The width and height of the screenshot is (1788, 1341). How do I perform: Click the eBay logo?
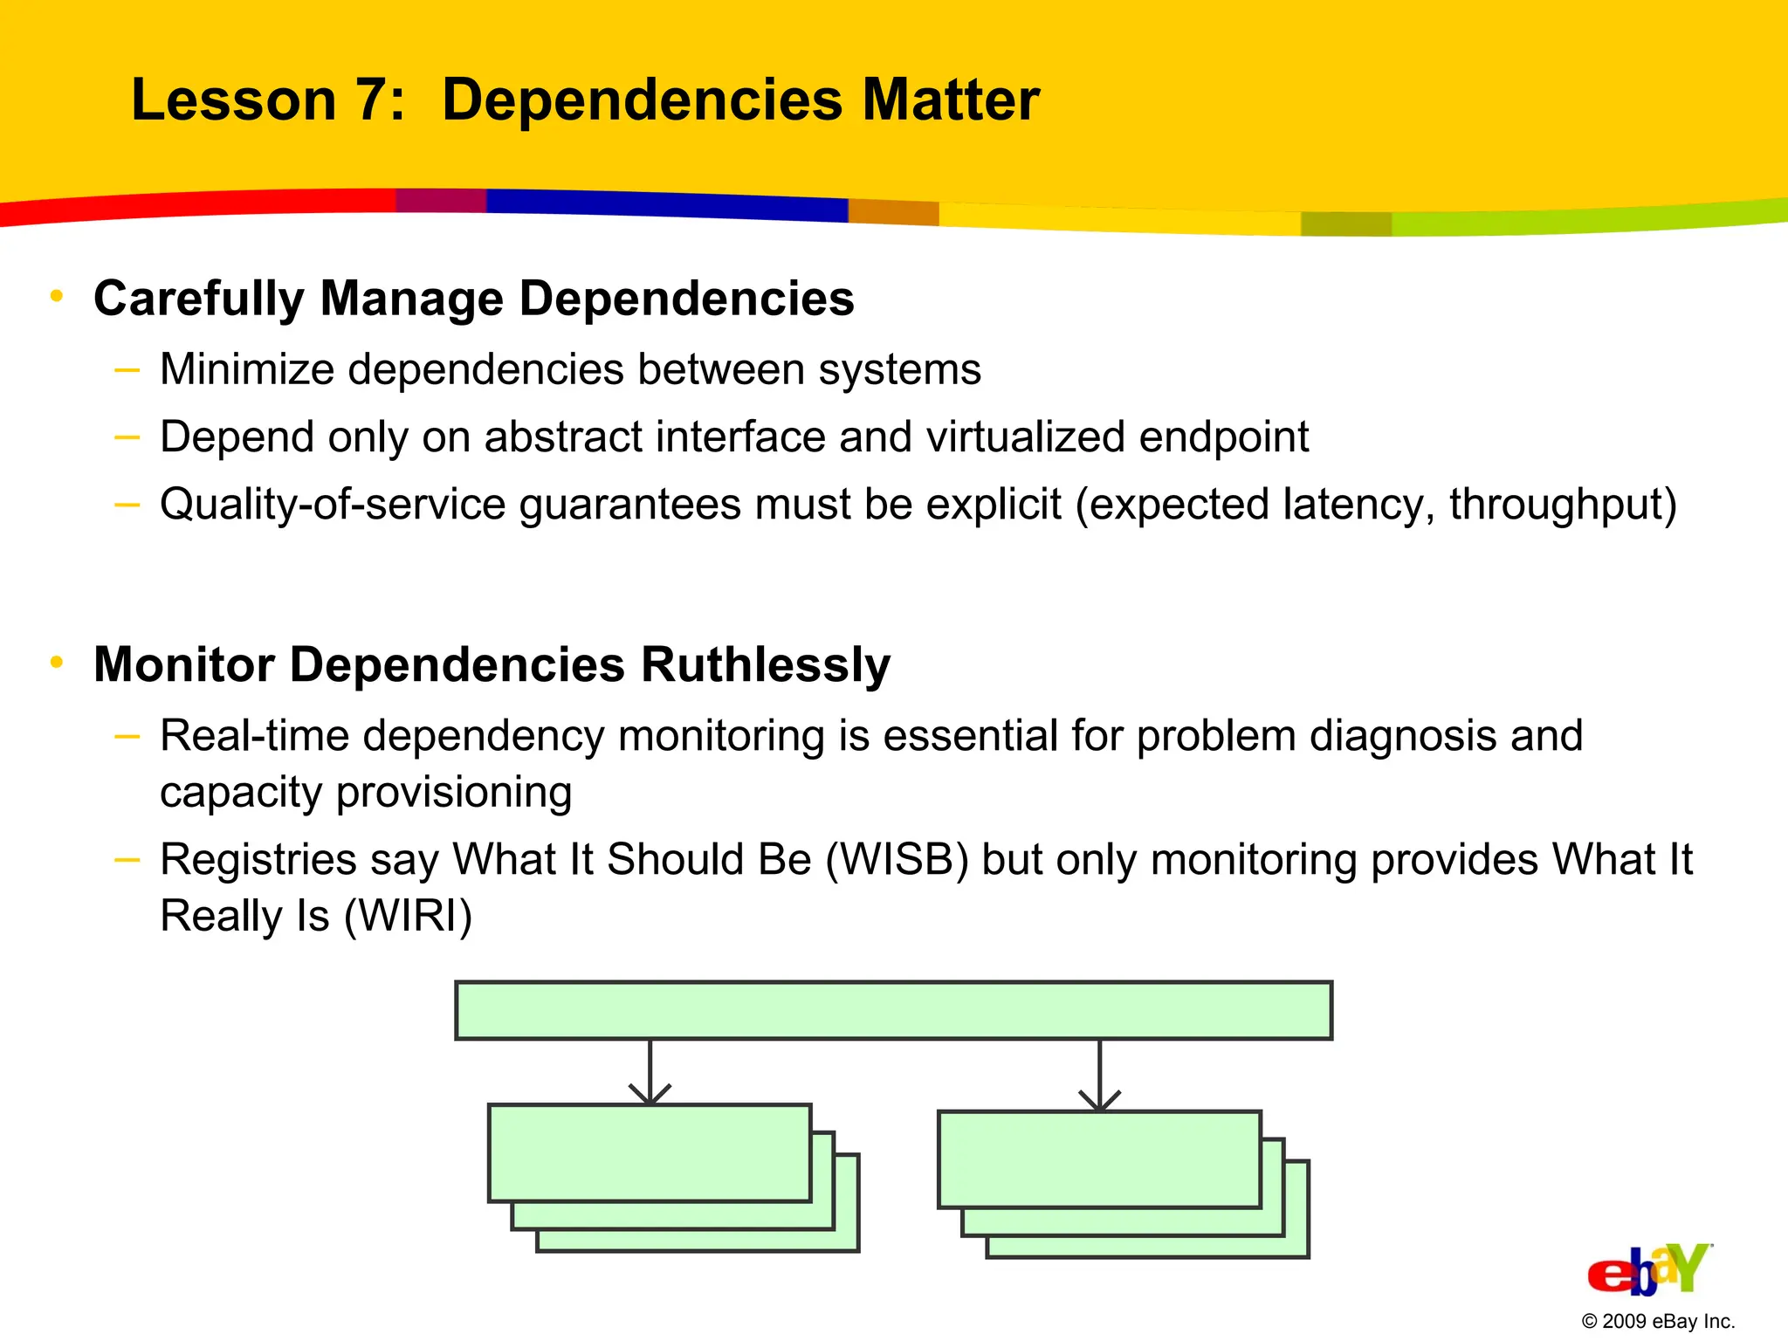click(x=1648, y=1269)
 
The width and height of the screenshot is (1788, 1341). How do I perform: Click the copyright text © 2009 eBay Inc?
click(x=1657, y=1321)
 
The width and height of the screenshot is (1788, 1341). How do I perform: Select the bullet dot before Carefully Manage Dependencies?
click(x=57, y=297)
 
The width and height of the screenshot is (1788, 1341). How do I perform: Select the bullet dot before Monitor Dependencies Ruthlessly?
click(x=57, y=663)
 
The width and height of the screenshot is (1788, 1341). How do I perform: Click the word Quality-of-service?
click(x=332, y=505)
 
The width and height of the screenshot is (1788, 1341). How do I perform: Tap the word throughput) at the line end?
click(x=1563, y=505)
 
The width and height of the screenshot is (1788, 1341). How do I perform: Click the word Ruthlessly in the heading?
click(x=765, y=664)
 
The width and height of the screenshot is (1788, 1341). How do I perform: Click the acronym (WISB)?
click(x=897, y=859)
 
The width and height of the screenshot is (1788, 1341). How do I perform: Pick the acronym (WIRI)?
click(x=408, y=916)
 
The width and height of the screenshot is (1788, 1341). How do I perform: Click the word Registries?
click(x=258, y=860)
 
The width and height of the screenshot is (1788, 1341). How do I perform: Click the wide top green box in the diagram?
click(x=893, y=1010)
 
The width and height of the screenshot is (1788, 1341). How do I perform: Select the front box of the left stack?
click(x=650, y=1152)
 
